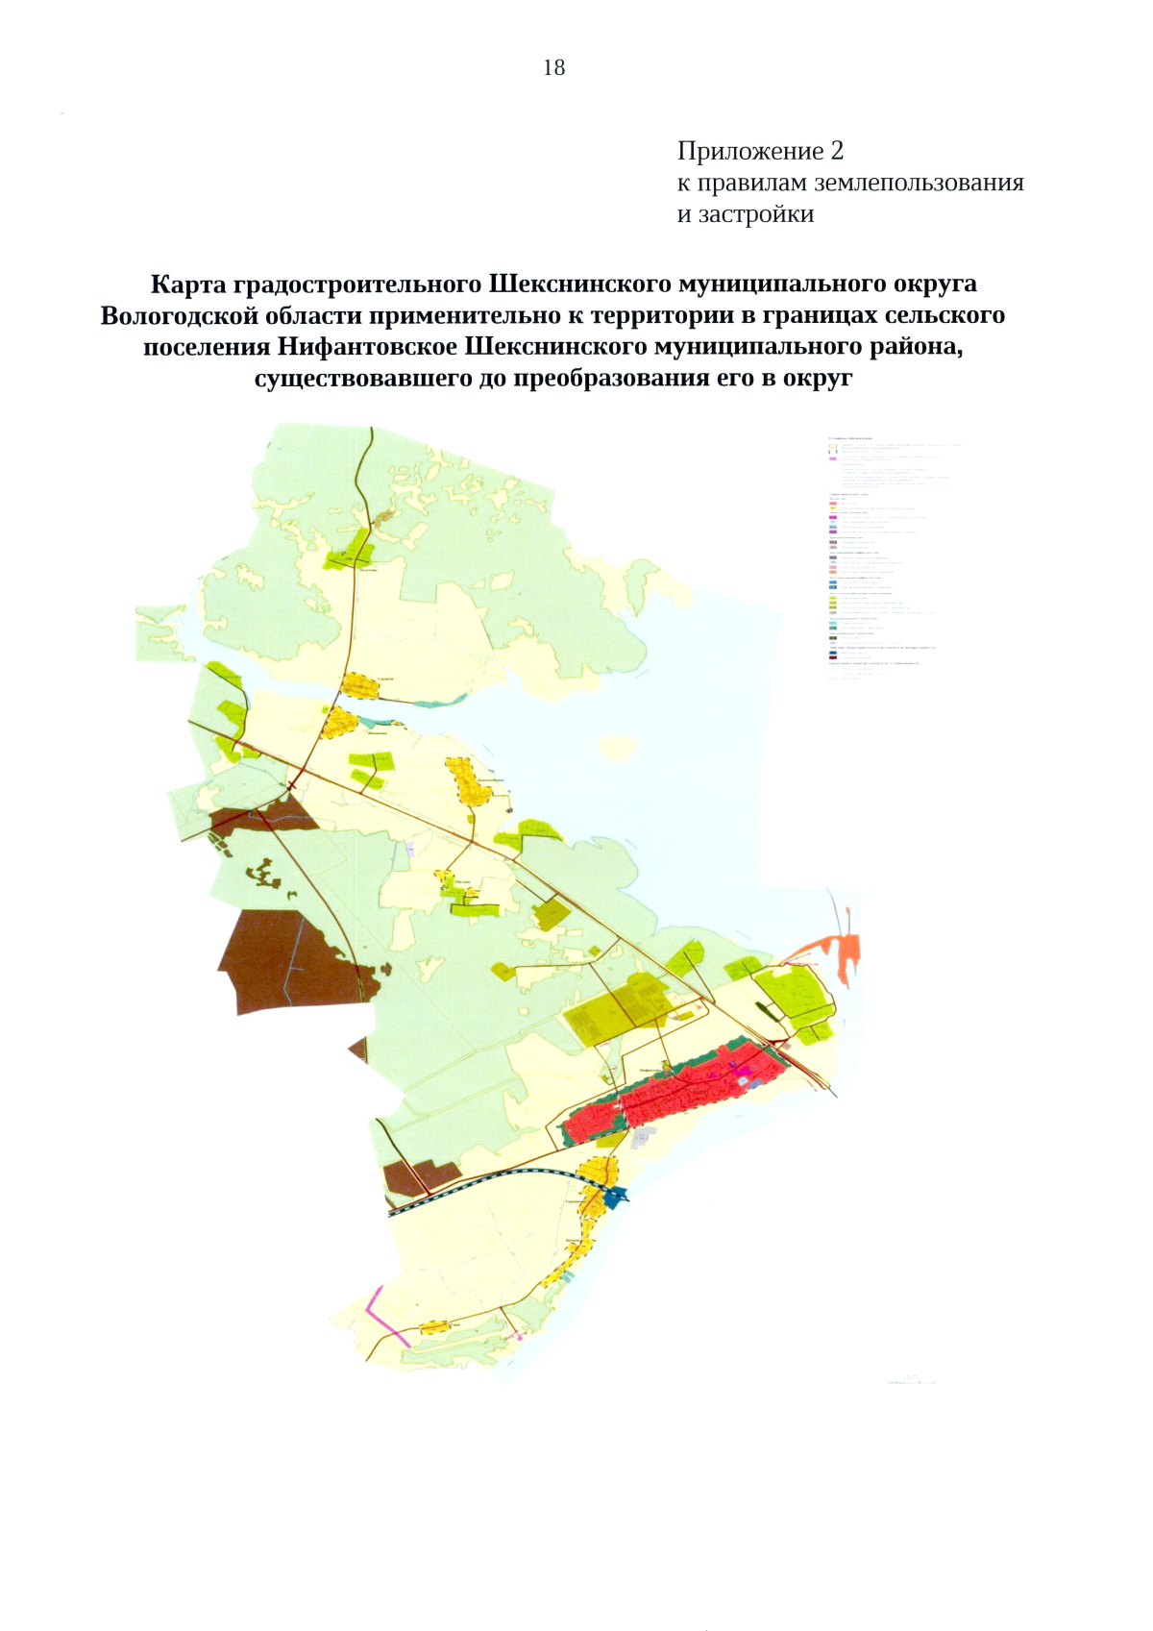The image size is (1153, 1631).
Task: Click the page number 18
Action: tap(553, 67)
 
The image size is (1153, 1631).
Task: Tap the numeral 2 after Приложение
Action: tap(837, 151)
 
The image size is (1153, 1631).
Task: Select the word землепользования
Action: tap(920, 183)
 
